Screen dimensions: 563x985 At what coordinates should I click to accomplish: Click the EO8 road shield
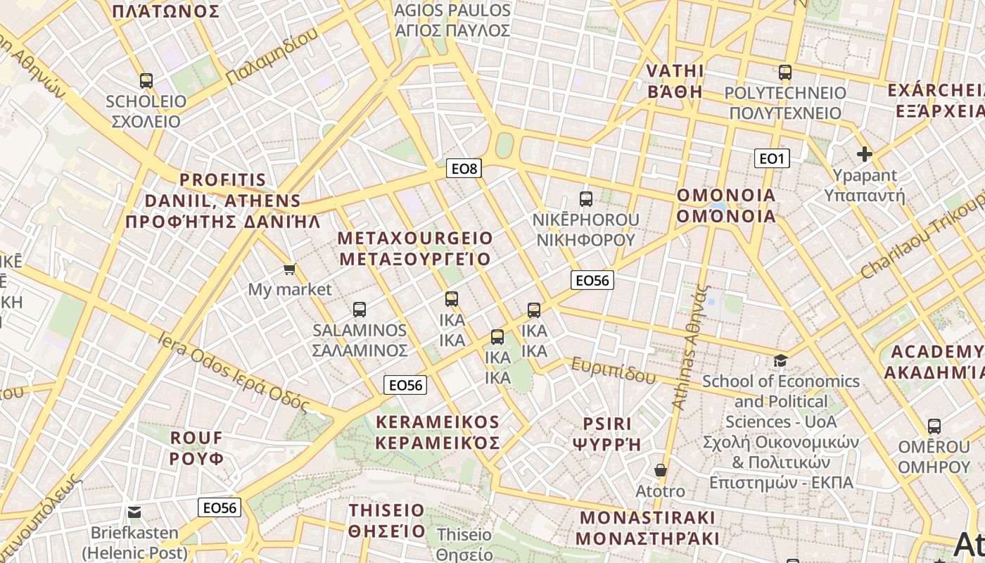click(464, 168)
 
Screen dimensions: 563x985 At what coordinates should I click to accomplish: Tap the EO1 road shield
click(771, 158)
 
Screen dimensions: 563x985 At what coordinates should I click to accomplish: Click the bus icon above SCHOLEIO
click(146, 80)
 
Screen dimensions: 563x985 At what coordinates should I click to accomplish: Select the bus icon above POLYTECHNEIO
click(785, 72)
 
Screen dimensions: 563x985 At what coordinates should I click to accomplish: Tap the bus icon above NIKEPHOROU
click(586, 198)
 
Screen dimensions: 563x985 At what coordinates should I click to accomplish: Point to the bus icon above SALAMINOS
click(360, 309)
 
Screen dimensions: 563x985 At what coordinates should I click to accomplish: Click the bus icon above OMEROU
click(934, 426)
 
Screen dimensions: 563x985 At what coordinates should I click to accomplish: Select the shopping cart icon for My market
click(289, 269)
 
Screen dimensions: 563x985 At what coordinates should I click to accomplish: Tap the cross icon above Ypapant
click(865, 154)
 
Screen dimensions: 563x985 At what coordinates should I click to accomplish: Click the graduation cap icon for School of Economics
click(780, 360)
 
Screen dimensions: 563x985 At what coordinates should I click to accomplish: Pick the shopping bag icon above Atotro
click(660, 469)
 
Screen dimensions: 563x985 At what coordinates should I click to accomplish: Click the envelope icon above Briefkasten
click(134, 512)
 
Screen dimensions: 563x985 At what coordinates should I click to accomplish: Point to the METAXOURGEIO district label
click(415, 248)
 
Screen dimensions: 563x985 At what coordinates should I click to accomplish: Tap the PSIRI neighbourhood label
click(607, 434)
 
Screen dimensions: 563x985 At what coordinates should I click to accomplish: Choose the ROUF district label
click(196, 448)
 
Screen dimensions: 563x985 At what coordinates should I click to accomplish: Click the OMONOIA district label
click(726, 205)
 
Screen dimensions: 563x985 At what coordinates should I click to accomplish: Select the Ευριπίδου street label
click(613, 370)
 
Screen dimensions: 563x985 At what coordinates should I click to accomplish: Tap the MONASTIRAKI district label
click(647, 528)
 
